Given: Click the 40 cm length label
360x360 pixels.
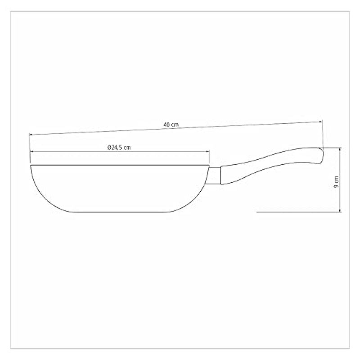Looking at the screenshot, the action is point(171,125).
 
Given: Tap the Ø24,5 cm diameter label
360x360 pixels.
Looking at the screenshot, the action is point(119,148).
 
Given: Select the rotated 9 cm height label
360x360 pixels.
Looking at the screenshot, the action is point(336,182).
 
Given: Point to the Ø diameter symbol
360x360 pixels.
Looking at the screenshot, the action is point(109,148).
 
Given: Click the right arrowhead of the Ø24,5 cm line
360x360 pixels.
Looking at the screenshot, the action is point(207,152).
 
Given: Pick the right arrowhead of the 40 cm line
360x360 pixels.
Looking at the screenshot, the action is point(320,122).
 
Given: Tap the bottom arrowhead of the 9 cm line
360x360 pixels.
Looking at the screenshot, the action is point(340,210).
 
